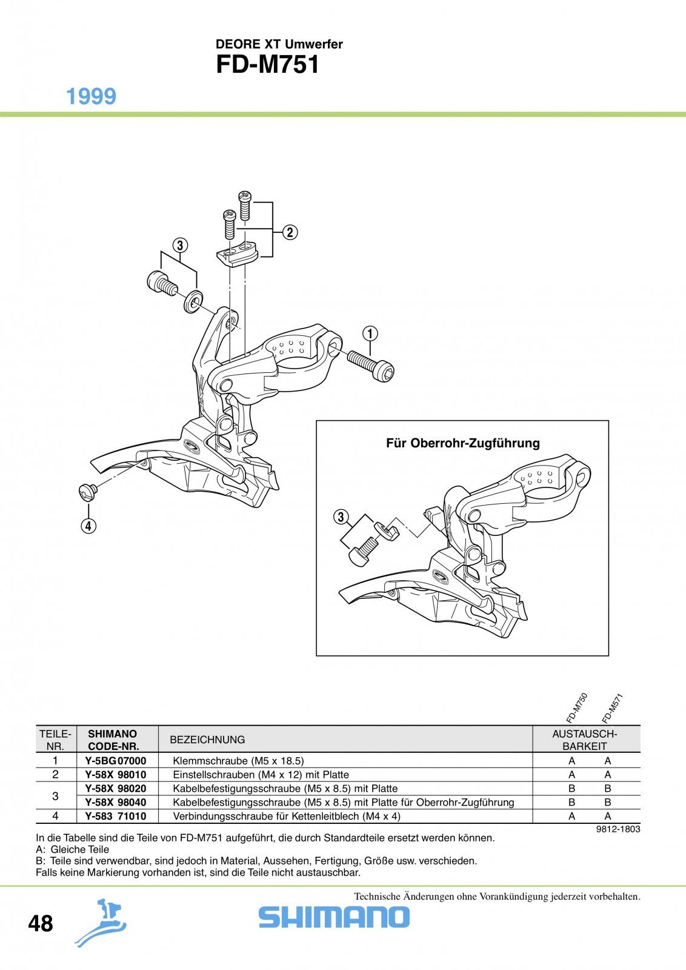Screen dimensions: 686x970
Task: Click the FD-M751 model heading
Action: coord(267,65)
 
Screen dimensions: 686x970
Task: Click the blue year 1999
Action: coord(92,96)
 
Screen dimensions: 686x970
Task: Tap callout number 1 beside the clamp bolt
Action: coord(370,334)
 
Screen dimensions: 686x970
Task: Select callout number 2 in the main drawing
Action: coord(290,233)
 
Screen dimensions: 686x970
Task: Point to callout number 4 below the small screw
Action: coord(88,526)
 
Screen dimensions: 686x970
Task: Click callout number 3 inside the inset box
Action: coord(341,517)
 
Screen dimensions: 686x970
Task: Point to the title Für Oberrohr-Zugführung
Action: coord(462,443)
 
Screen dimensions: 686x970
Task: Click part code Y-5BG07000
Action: coord(116,761)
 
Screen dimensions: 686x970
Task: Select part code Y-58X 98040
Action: coord(116,803)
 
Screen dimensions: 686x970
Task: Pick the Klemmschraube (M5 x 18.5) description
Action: coord(239,761)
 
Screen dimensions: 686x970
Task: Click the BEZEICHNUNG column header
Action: coord(207,740)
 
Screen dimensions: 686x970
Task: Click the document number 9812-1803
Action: coord(618,829)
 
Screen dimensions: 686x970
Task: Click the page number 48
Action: coord(40,923)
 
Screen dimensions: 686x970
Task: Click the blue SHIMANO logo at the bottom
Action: coord(334,917)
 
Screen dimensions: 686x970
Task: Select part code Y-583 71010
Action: coord(116,816)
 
